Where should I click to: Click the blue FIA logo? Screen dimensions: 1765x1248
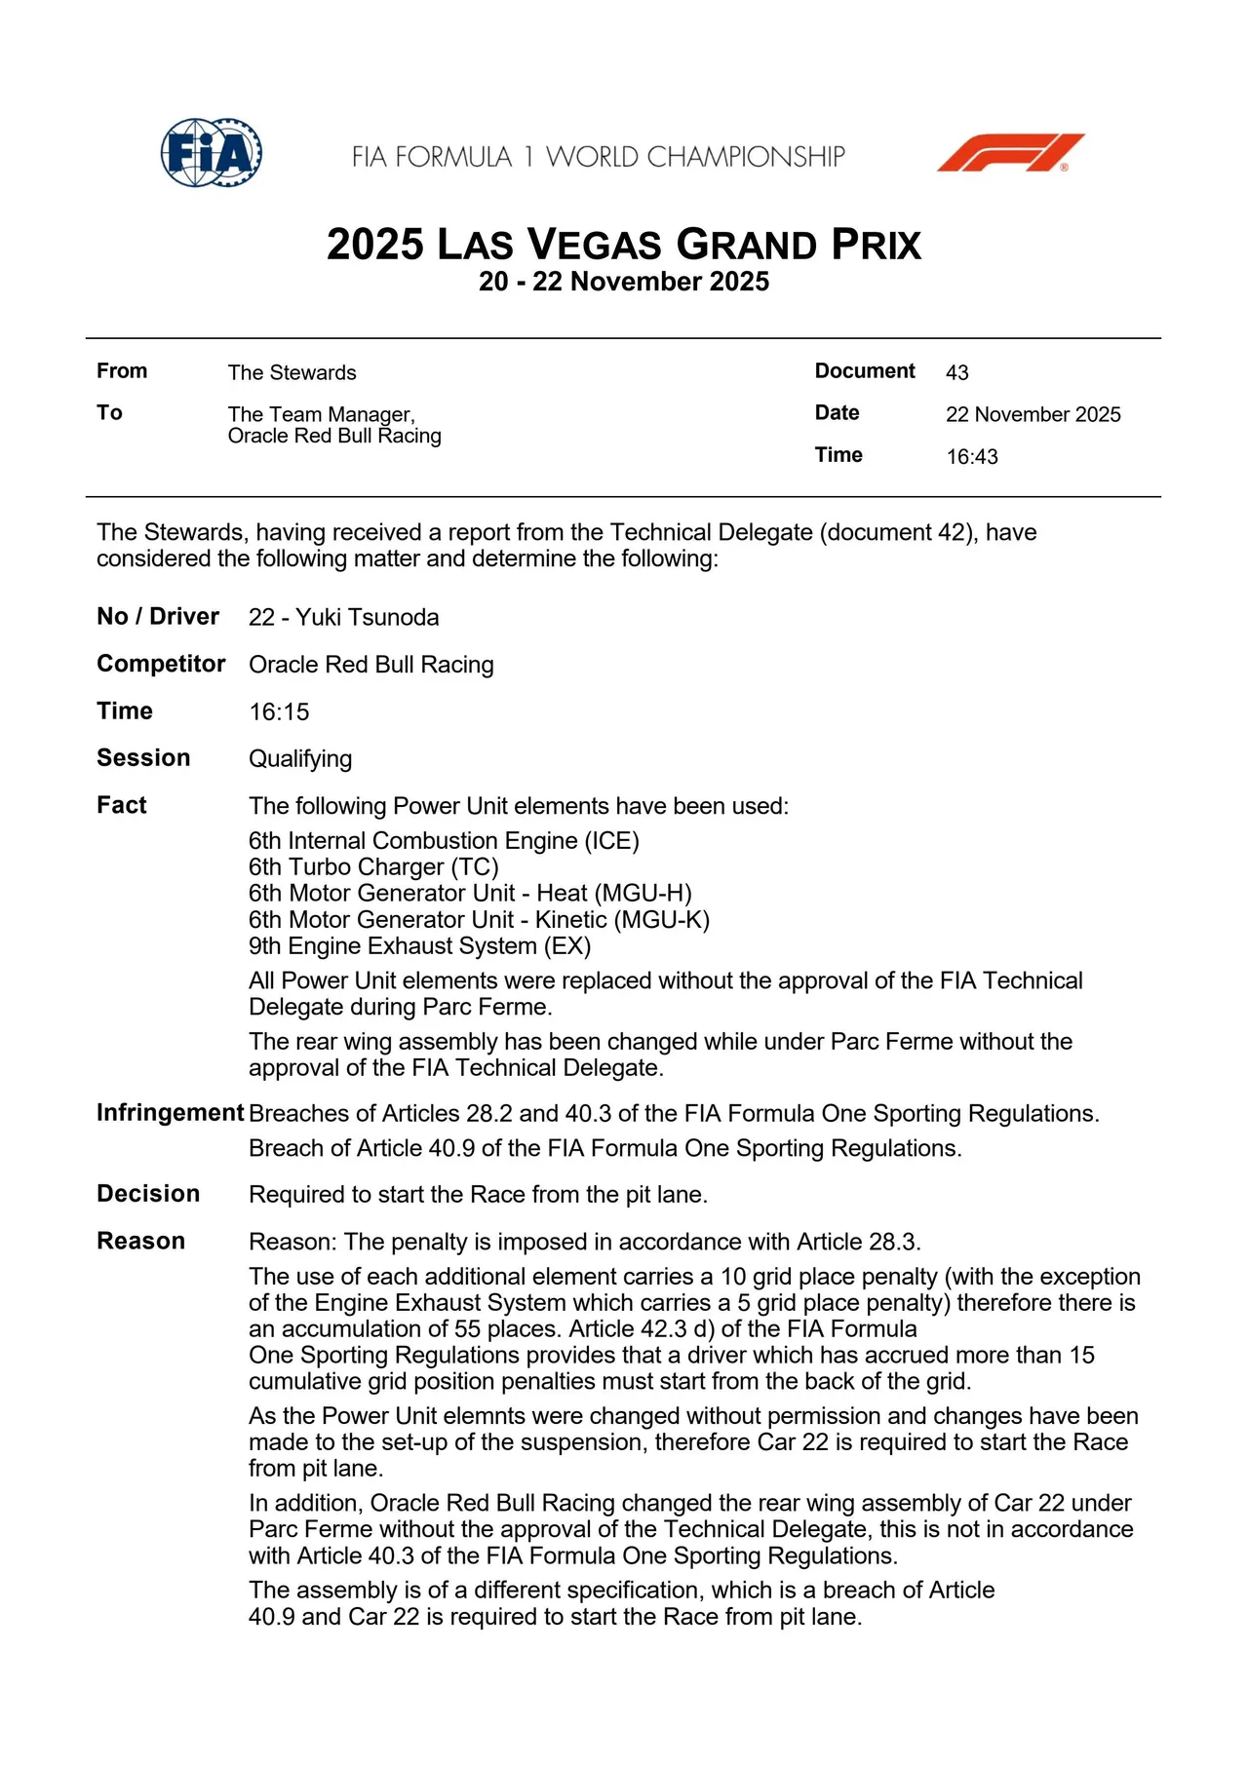[x=212, y=153]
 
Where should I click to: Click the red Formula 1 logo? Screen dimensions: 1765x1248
[x=1010, y=153]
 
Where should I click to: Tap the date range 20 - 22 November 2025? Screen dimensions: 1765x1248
[x=624, y=282]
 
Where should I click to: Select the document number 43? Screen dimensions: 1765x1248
[x=956, y=372]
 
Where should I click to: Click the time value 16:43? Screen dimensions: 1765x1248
[x=971, y=457]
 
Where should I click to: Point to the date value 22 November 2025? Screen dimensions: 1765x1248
[x=1033, y=414]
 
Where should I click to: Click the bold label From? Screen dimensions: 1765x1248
[x=122, y=371]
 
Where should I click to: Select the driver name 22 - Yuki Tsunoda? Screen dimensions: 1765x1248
[x=343, y=617]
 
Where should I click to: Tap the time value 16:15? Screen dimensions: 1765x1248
[x=279, y=711]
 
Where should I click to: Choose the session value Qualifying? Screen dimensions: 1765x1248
[x=300, y=758]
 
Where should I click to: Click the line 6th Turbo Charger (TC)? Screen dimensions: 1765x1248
[x=373, y=866]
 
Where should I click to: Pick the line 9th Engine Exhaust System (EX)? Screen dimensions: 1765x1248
[x=419, y=945]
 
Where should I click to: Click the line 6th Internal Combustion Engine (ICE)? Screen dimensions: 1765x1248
[x=444, y=840]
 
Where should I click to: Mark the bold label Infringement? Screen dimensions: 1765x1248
[x=170, y=1113]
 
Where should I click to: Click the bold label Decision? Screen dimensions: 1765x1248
[x=148, y=1194]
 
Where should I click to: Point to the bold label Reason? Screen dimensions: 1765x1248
[x=140, y=1241]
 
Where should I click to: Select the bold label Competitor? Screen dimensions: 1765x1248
[x=161, y=664]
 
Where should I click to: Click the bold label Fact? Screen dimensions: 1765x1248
[x=121, y=805]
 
